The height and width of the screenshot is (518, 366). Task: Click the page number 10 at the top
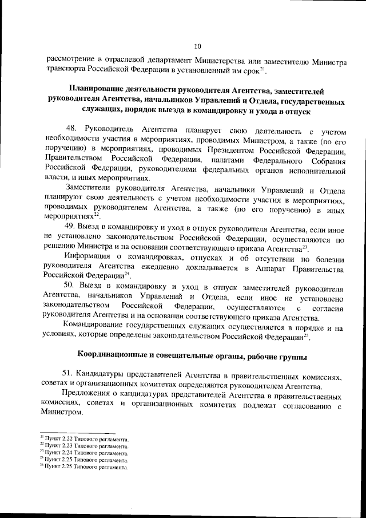[x=197, y=46]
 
